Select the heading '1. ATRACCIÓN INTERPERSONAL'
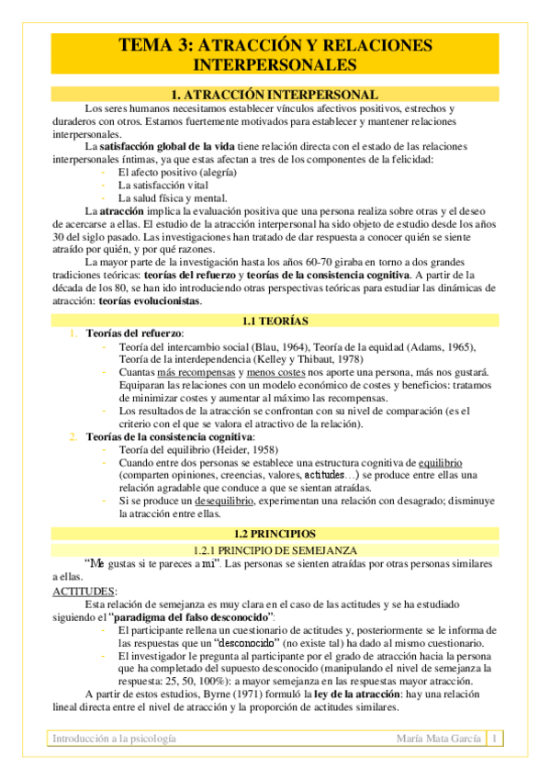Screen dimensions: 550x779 275,95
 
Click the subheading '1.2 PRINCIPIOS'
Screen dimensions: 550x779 275,534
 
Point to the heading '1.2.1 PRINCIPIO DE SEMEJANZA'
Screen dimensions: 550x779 275,549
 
